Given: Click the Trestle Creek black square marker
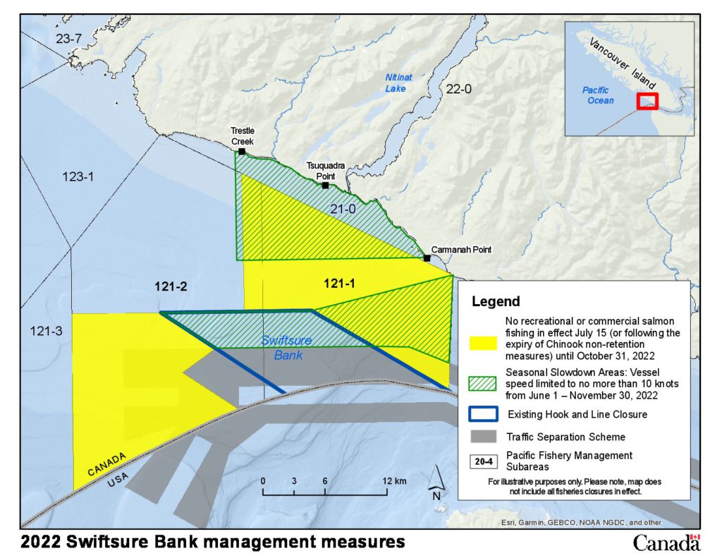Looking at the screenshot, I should click(242, 151).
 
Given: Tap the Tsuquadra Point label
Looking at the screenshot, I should click(325, 170).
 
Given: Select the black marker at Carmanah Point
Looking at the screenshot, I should click(427, 258).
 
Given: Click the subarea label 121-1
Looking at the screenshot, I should click(340, 284).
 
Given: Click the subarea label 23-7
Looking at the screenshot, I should click(68, 38).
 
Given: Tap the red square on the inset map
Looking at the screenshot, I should click(647, 101).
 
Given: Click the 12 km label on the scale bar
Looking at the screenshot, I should click(395, 481).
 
